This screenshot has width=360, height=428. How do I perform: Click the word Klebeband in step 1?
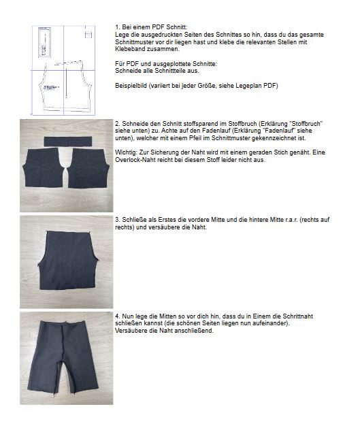tap(129, 50)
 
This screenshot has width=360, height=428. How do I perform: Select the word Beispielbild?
tap(132, 86)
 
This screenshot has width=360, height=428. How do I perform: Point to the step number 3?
tap(117, 220)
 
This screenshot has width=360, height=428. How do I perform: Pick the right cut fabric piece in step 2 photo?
tap(89, 169)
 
